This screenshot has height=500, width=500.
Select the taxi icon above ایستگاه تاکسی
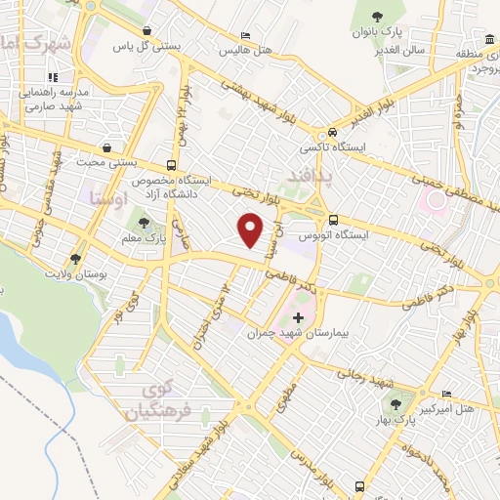334,133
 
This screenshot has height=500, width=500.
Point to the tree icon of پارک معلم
145,224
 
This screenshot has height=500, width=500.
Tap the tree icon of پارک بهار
396,404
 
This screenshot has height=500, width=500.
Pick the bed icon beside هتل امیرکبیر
446,393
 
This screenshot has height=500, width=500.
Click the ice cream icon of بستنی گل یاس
146,30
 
